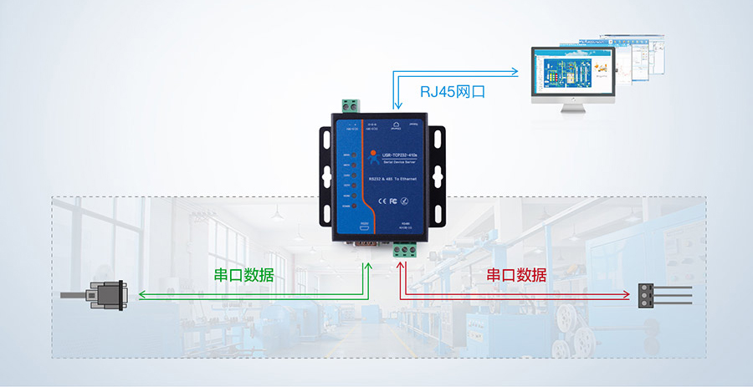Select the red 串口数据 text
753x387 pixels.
516,275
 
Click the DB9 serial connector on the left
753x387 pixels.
104,295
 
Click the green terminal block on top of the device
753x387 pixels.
351,106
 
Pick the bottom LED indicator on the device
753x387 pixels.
356,205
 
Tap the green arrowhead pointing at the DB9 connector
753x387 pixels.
141,295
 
